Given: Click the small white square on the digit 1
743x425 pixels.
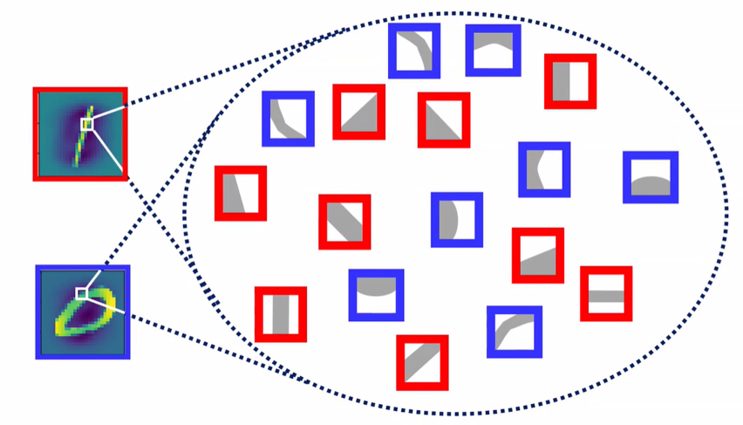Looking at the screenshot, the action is (x=86, y=124).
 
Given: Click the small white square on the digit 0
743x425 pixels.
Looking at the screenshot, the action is (x=81, y=293).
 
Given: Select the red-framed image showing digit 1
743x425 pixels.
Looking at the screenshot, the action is (x=80, y=134).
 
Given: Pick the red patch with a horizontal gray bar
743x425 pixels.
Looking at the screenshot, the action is (x=606, y=294).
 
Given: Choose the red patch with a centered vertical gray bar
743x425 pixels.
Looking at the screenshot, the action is (x=281, y=314).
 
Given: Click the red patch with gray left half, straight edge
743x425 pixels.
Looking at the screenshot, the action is (x=570, y=81).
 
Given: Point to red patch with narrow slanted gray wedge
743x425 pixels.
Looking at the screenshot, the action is (x=241, y=193).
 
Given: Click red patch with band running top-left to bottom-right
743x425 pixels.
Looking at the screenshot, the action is (x=344, y=222).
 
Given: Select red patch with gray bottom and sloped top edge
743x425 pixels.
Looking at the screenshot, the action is (x=538, y=256).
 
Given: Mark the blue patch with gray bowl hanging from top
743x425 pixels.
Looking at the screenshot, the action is (x=377, y=294).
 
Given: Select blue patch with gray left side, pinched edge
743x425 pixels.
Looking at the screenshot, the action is (x=545, y=168).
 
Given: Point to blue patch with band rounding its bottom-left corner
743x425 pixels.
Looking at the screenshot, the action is (x=288, y=119).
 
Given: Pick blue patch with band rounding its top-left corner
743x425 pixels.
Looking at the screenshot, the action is (x=515, y=332).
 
